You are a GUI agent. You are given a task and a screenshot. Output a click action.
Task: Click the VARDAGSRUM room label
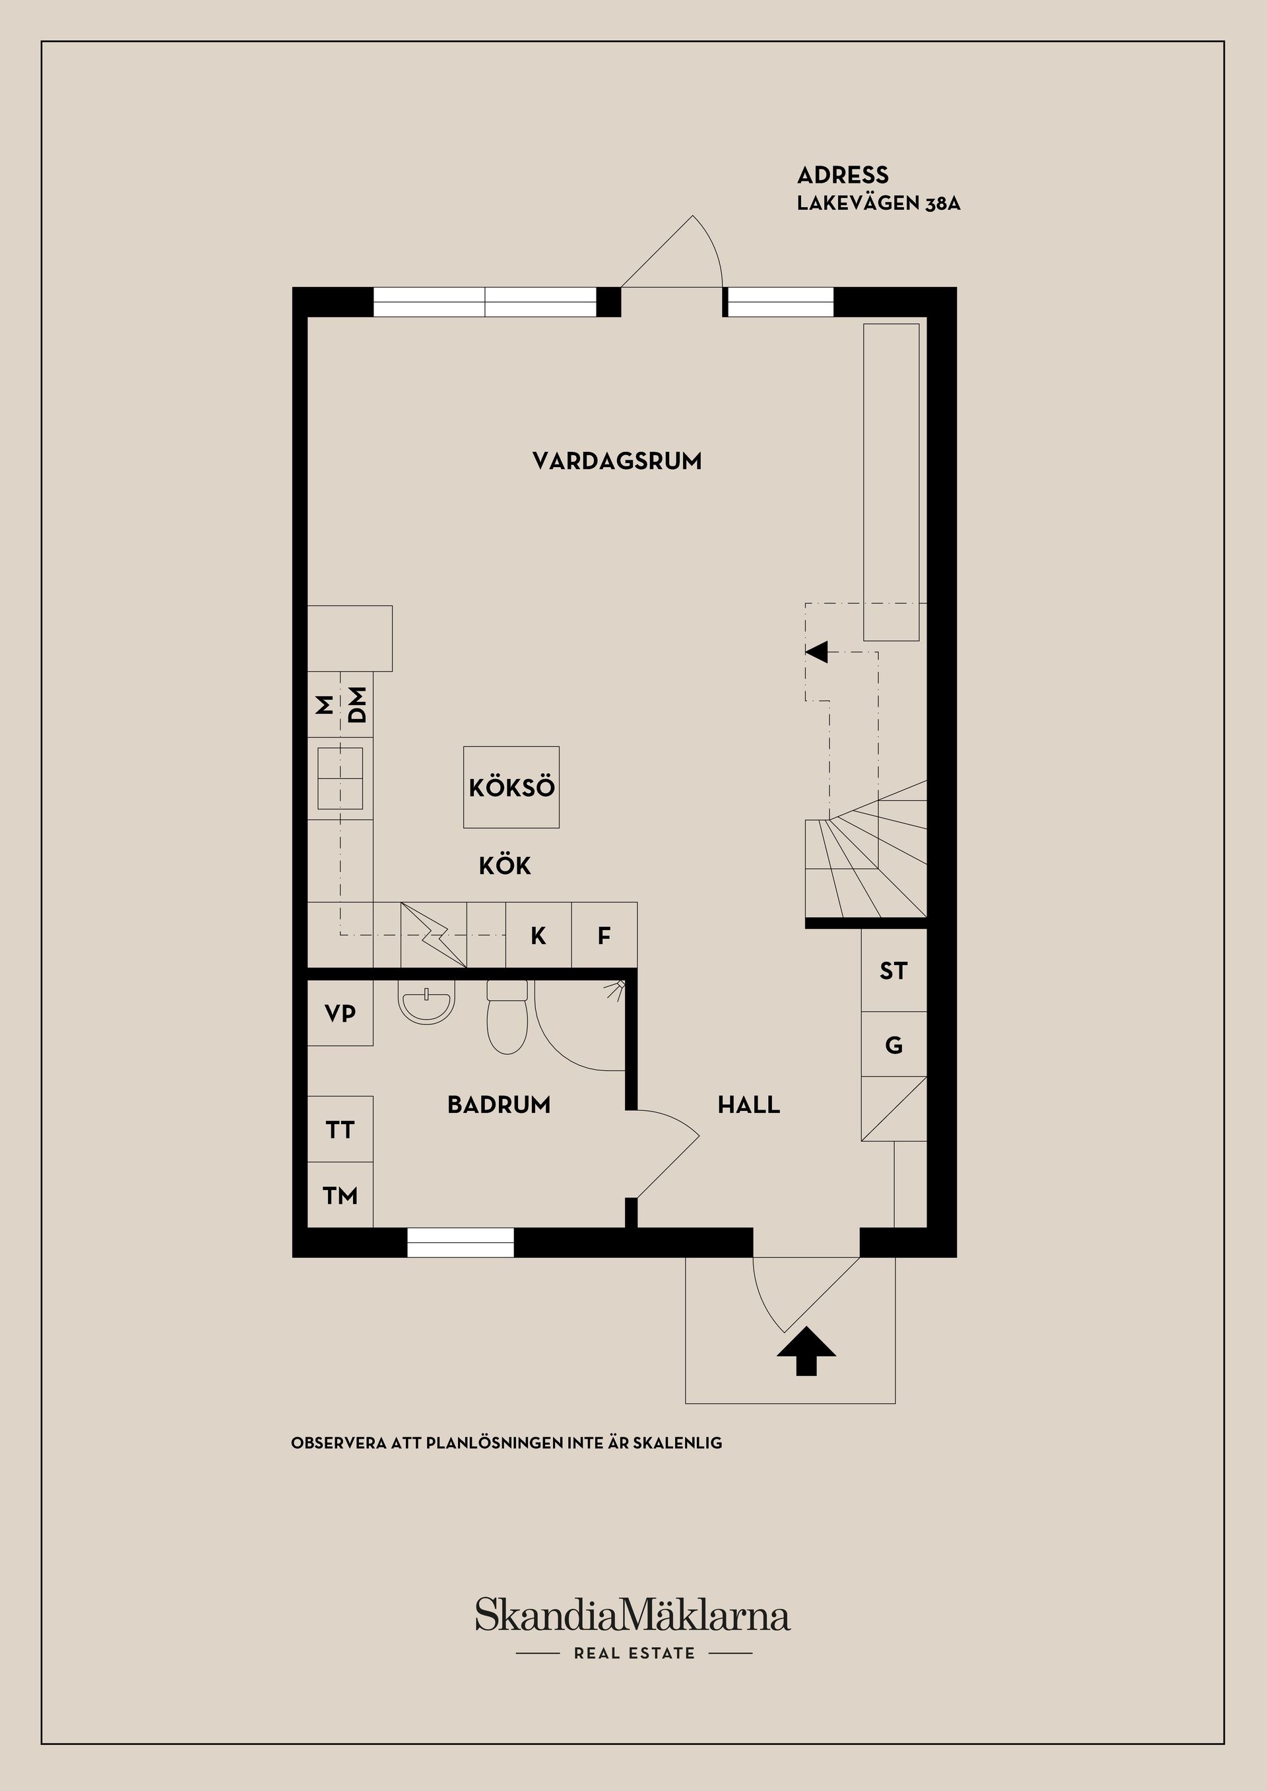click(616, 461)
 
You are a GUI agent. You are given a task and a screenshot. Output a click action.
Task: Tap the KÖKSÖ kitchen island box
click(511, 787)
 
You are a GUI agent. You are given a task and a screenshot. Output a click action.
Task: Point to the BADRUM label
click(498, 1104)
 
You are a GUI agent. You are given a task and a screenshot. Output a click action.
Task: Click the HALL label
click(748, 1104)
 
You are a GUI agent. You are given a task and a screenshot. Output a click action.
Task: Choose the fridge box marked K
click(538, 935)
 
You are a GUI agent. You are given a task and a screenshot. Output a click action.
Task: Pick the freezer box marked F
click(604, 935)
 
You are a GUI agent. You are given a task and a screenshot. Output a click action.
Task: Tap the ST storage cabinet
click(893, 971)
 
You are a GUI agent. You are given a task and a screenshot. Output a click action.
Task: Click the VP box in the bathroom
click(340, 1013)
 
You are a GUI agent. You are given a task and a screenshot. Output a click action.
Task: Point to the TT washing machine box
click(340, 1129)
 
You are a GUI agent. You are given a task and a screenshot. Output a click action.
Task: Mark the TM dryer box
click(340, 1195)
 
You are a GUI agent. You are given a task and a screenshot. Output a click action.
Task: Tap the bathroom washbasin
click(426, 1003)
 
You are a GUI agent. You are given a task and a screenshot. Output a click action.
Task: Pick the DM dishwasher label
click(356, 705)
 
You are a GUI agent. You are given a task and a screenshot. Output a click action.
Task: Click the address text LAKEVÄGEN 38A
click(878, 204)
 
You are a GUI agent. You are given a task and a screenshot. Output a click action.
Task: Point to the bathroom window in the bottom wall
click(461, 1243)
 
